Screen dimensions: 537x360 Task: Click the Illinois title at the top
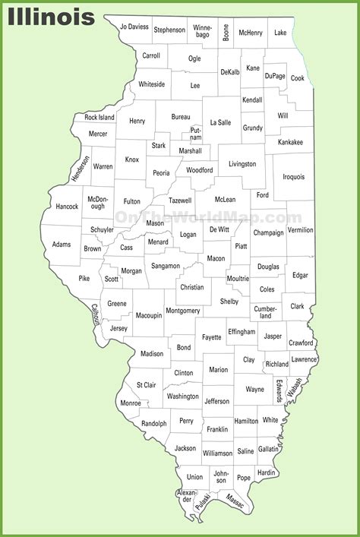click(x=52, y=16)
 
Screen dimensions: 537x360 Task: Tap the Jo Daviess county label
click(x=134, y=27)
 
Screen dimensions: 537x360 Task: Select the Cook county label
click(x=297, y=77)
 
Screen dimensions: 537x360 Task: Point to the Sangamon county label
click(x=166, y=266)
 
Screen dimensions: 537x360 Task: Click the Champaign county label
click(x=268, y=232)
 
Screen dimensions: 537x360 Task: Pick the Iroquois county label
click(x=294, y=176)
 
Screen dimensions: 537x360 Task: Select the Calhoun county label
click(x=96, y=314)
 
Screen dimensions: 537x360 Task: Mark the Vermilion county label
click(x=301, y=229)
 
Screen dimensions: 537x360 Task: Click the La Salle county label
click(x=220, y=122)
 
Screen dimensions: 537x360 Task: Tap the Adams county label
click(x=62, y=245)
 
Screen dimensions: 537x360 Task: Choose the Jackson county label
click(x=185, y=448)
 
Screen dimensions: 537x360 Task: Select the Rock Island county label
click(x=99, y=118)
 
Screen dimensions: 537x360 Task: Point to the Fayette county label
click(x=212, y=336)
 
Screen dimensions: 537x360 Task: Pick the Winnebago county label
click(x=202, y=31)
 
